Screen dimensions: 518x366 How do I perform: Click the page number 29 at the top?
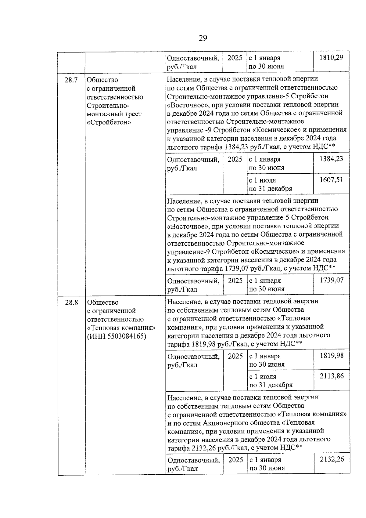coord(203,38)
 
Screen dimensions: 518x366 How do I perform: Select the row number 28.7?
coord(71,80)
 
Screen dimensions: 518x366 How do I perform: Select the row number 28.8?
coord(71,302)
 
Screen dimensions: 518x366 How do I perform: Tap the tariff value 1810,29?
coord(331,57)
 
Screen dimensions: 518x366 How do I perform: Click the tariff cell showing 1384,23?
coord(331,159)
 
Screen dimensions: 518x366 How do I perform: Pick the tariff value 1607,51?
coord(331,179)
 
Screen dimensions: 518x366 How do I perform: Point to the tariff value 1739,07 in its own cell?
coord(331,280)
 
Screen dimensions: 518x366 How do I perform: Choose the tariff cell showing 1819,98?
coord(332,355)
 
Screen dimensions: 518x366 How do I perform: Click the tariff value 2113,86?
coord(332,376)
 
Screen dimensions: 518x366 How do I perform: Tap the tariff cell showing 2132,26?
coord(332,459)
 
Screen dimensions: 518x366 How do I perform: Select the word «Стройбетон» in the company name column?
coord(109,122)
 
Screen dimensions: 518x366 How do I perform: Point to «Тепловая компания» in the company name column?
coord(121,328)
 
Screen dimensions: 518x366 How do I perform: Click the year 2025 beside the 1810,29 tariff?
coord(235,58)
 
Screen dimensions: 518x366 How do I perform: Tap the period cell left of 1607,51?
coord(271,184)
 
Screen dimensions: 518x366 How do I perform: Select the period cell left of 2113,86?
coord(271,380)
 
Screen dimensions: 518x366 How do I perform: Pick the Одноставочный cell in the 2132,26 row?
coord(194,464)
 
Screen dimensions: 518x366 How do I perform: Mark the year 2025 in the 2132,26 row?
coord(235,460)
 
